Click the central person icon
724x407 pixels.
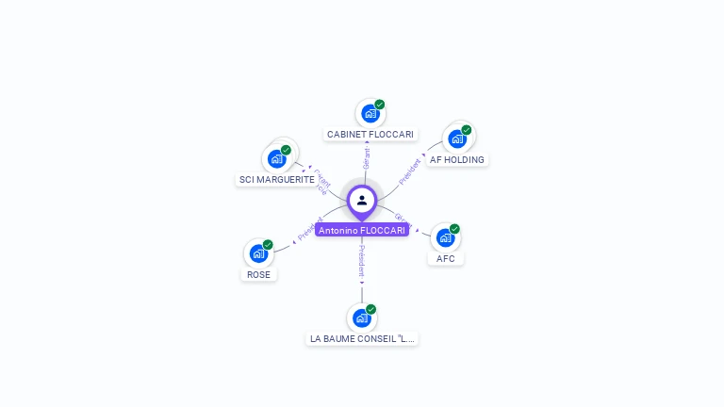362,200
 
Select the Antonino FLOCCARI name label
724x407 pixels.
362,230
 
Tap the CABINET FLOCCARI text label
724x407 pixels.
370,135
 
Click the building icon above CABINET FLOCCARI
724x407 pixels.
370,114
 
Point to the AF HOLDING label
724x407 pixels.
457,160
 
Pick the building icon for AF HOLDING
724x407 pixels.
457,138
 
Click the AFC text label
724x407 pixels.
446,258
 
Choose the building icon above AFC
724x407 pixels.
445,237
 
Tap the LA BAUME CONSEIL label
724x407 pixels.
362,338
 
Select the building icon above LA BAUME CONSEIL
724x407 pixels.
361,317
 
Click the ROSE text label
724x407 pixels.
258,275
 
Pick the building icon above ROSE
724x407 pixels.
258,253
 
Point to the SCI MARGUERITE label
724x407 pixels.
277,179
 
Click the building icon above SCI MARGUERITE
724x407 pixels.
276,158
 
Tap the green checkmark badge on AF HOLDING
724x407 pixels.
467,130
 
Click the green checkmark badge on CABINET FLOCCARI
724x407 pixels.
379,105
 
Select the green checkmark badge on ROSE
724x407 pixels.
268,245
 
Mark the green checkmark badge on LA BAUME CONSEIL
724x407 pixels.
371,309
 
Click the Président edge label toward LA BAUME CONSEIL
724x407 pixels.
362,259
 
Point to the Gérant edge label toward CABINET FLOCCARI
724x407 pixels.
367,157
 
